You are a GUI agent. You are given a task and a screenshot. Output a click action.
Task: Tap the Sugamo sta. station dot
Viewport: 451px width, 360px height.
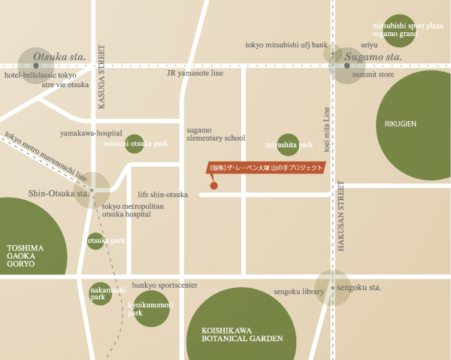pos(347,66)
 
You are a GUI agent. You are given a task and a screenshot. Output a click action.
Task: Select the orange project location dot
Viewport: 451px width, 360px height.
pos(214,185)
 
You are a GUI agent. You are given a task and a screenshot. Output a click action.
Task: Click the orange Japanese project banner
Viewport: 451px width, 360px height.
pos(265,168)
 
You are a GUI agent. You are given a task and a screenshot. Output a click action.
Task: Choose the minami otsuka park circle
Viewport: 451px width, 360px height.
pos(135,144)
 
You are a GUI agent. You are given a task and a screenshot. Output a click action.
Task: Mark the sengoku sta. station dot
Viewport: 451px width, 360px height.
pos(332,288)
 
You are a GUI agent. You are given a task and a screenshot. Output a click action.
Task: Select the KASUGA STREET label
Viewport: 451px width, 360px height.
pos(102,77)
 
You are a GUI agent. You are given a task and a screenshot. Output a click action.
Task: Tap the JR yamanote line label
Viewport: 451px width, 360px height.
pos(195,73)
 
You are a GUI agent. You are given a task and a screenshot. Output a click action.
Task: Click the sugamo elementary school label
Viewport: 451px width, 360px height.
pos(216,134)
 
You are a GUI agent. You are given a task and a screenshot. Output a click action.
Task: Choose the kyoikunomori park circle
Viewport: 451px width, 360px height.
pos(150,308)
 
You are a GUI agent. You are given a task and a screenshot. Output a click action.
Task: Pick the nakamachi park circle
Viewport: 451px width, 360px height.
pos(100,293)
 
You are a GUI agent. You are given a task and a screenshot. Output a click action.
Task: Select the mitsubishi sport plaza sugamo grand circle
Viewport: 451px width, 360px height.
pos(398,30)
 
